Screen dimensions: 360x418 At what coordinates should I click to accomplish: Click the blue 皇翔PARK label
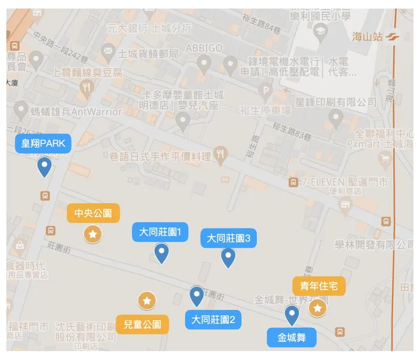(43, 143)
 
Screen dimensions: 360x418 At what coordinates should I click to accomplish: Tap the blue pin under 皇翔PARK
(44, 166)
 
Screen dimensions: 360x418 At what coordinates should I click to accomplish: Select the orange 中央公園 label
(93, 213)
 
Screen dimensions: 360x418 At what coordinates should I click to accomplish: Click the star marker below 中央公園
(93, 233)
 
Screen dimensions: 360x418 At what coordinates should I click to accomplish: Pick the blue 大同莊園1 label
(160, 232)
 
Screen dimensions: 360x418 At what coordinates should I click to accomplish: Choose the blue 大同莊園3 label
(229, 238)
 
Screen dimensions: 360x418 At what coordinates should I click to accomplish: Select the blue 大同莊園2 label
(213, 320)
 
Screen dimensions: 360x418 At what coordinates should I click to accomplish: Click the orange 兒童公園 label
(142, 324)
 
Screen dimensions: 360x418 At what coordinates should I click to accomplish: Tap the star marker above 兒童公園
(147, 301)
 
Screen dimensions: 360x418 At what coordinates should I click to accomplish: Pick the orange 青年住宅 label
(319, 286)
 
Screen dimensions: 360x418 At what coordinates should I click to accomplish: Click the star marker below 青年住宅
(317, 308)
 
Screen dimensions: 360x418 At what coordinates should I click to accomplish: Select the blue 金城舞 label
(291, 338)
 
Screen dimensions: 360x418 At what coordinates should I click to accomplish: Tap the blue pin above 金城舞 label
(291, 315)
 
